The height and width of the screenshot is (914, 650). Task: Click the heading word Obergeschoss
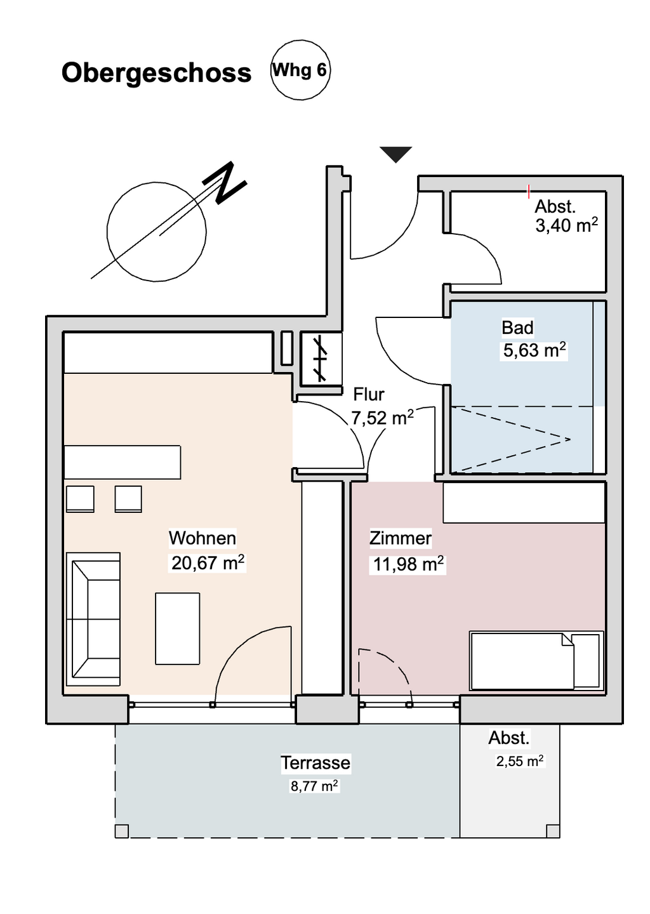[156, 73]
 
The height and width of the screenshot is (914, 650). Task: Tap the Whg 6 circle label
[300, 70]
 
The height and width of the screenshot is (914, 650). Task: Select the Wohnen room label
[202, 538]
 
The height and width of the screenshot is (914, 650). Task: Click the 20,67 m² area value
[208, 562]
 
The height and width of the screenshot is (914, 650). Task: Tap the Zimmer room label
[401, 538]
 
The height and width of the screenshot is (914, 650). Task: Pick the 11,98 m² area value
[408, 564]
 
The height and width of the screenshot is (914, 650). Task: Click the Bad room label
[517, 328]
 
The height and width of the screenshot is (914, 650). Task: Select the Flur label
[369, 394]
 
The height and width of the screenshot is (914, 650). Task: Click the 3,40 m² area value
[566, 225]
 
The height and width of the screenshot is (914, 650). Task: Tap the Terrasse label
[315, 762]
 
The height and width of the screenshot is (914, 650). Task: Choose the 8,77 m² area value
[314, 786]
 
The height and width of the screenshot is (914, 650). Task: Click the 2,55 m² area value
[520, 761]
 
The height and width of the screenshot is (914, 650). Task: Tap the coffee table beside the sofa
[178, 628]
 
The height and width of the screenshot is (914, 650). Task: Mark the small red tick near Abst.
[529, 191]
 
